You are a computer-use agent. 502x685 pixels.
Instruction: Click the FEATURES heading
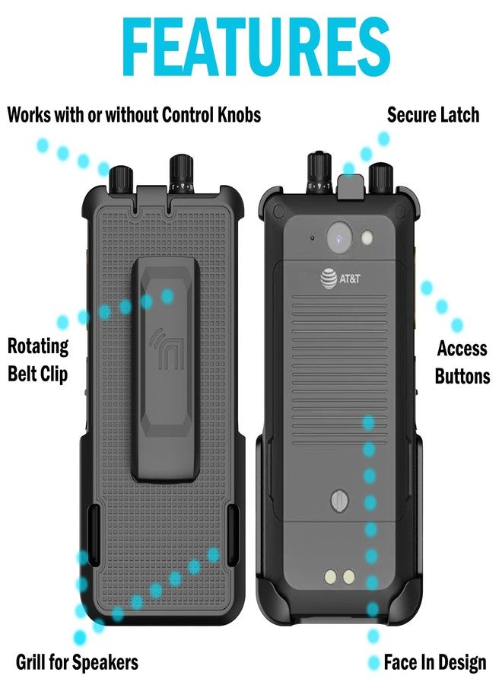click(256, 46)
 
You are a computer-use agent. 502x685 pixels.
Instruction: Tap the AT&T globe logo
click(329, 279)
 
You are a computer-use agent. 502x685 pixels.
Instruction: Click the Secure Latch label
click(433, 115)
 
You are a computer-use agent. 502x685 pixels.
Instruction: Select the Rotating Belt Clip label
click(38, 360)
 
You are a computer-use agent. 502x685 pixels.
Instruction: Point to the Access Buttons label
click(462, 362)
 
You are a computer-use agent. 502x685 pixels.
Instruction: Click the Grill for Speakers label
click(78, 662)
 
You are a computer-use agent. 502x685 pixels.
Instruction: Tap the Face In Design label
click(435, 662)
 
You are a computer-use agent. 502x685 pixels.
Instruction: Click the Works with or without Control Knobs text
click(134, 115)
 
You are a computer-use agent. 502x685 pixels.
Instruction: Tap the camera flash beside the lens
click(367, 237)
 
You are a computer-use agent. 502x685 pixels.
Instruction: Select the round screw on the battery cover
click(339, 500)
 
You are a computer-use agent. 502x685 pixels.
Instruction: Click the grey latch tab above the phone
click(351, 187)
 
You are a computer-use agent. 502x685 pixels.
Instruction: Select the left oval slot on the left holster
click(94, 524)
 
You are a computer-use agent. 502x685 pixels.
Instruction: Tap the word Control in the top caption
click(188, 115)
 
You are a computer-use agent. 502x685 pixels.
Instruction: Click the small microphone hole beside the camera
click(312, 238)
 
